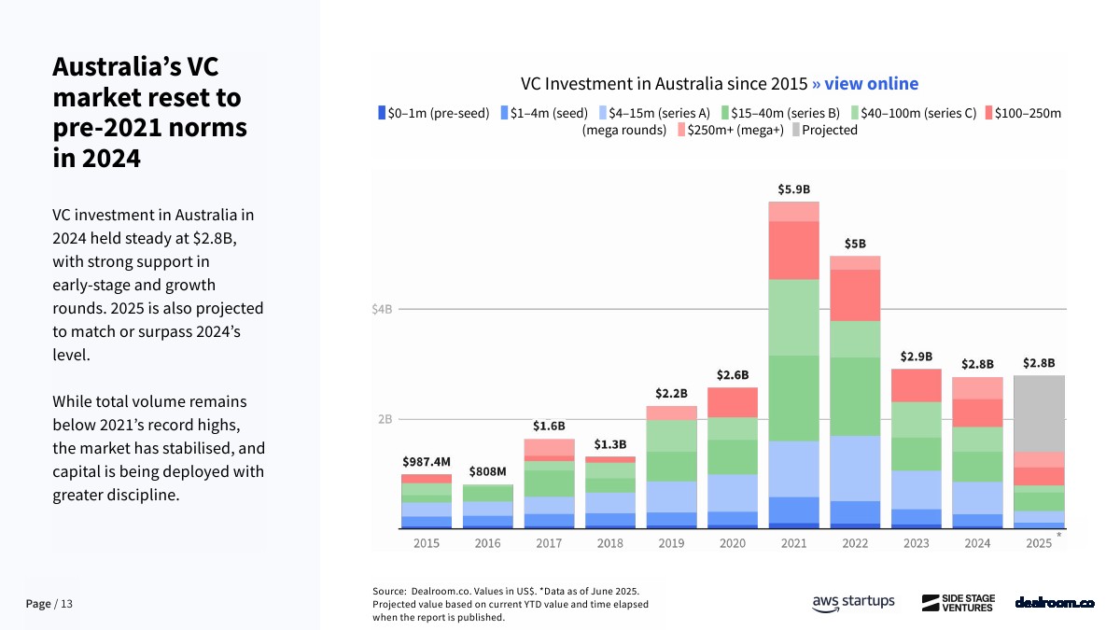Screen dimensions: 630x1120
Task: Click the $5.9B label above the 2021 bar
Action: point(793,189)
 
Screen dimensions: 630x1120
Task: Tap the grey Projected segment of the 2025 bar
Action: point(1039,413)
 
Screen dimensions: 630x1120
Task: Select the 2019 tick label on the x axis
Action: point(671,544)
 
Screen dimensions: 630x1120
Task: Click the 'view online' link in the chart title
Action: point(865,84)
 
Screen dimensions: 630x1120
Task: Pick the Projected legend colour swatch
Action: point(795,131)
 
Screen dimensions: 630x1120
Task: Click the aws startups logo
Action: point(853,602)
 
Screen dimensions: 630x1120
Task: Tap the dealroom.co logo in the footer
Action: point(1055,603)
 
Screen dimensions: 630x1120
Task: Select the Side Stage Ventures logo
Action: point(959,603)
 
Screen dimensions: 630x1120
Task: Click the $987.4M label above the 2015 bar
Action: point(427,461)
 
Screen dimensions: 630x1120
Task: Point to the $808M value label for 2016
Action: point(487,471)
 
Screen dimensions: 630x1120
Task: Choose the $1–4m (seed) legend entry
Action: point(544,113)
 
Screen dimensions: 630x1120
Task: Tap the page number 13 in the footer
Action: point(65,605)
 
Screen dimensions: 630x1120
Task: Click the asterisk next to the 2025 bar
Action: point(1059,535)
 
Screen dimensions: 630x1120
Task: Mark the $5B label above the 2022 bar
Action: point(854,244)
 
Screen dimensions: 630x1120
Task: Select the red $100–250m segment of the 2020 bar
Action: point(733,401)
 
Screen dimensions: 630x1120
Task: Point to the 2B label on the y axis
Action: point(385,419)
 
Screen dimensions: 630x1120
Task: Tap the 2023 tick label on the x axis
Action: point(916,544)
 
